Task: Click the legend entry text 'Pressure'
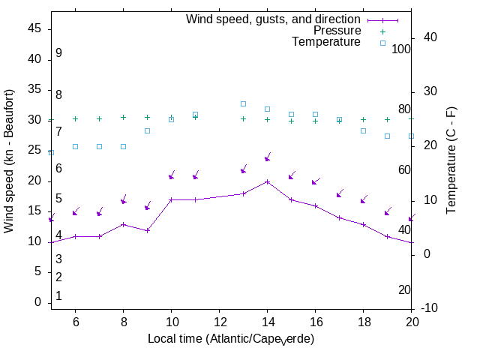tap(337, 31)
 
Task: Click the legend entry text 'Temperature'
tap(326, 42)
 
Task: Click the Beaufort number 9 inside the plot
tap(58, 53)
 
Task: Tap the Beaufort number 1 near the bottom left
tap(58, 296)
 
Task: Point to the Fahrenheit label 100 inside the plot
tap(401, 49)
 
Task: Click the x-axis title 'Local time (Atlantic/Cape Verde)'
tap(231, 339)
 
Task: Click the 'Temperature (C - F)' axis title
tap(453, 159)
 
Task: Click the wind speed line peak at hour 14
tap(267, 181)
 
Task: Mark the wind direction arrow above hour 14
tap(267, 158)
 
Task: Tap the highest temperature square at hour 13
tap(243, 103)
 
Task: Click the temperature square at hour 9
tap(147, 130)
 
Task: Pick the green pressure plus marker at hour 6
tap(75, 118)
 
